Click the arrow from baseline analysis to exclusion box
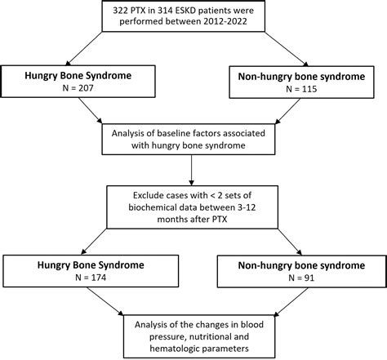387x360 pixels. coord(193,170)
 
